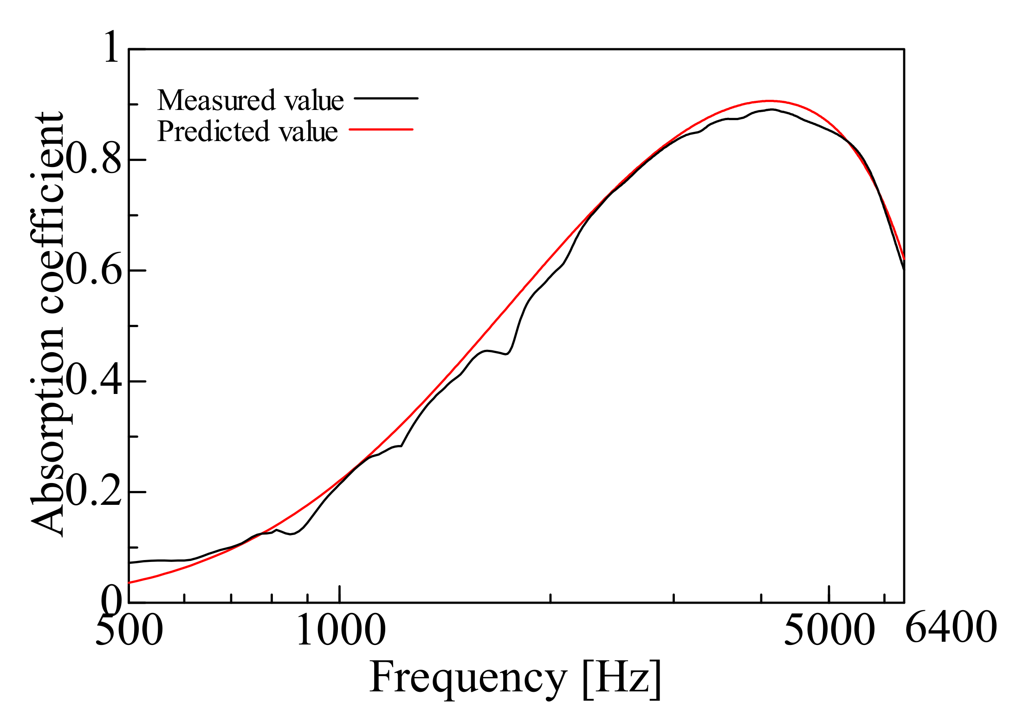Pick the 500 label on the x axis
[129, 630]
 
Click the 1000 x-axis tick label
[341, 630]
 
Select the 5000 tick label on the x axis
[829, 630]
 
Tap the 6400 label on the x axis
[951, 627]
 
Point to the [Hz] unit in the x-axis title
[622, 678]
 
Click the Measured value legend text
[250, 100]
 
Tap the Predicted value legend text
[247, 131]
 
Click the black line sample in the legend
[386, 98]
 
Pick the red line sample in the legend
[381, 129]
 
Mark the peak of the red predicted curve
[769, 101]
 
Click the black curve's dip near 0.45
[507, 354]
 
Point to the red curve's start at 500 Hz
[129, 582]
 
